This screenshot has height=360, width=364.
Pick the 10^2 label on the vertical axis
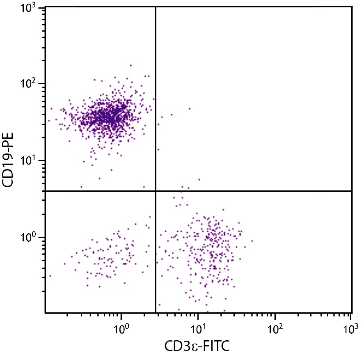(x=30, y=84)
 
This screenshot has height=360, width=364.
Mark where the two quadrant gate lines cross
(x=156, y=191)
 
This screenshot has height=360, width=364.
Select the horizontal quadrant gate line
(x=254, y=191)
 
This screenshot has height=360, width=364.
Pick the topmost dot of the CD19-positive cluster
(x=130, y=65)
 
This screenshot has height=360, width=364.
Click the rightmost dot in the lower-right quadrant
(x=252, y=241)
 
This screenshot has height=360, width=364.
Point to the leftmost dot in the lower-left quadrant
(x=50, y=276)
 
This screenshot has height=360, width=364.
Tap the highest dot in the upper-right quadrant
(x=190, y=109)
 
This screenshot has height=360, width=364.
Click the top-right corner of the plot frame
(x=352, y=7)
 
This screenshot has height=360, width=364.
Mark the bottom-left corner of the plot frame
(x=45, y=313)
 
